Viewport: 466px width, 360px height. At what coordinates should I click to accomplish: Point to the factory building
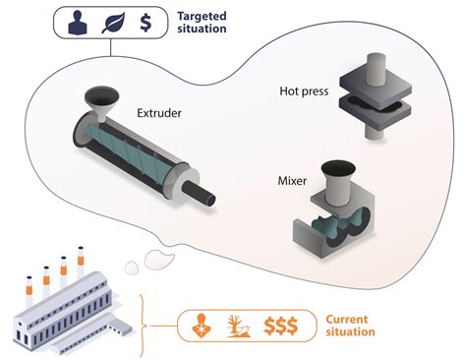(69, 310)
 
